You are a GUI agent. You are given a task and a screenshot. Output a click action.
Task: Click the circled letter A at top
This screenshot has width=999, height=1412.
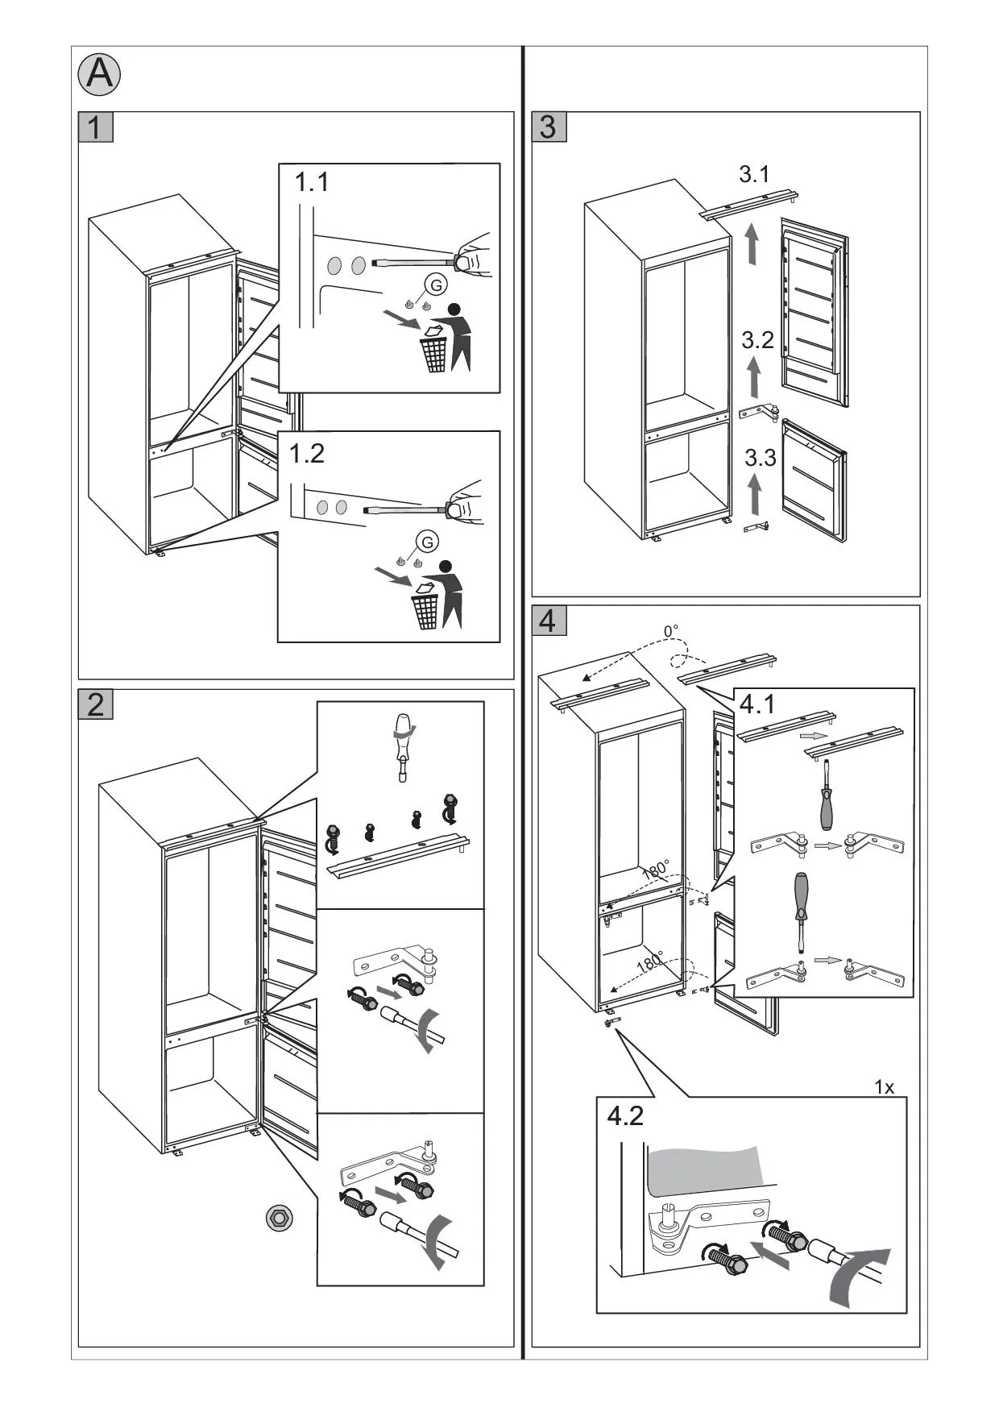coord(99,74)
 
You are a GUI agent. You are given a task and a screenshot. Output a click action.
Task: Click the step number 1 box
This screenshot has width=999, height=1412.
coord(96,127)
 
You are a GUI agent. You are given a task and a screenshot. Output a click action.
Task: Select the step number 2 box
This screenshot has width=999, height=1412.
coord(96,704)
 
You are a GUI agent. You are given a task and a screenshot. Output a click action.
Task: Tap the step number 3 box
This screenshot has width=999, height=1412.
coord(549,127)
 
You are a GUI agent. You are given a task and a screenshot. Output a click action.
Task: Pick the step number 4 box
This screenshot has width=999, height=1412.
coord(549,621)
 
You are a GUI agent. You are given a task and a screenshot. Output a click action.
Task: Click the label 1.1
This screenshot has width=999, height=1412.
coord(312,182)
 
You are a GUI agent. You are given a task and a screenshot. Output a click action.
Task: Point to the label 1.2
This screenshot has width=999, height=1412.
coord(307,454)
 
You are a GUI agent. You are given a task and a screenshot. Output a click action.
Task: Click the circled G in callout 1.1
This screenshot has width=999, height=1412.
coord(436,284)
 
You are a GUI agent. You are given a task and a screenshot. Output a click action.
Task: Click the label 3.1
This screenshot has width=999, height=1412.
coord(754,174)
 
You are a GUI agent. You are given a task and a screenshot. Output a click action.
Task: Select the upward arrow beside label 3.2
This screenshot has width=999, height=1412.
coord(754,377)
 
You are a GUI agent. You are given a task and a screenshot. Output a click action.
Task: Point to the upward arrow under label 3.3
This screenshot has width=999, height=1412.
coord(755,493)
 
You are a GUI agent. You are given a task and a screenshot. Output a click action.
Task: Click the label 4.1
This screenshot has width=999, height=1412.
coord(757,704)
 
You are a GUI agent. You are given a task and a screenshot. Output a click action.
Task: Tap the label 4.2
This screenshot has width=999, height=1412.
coord(625,1116)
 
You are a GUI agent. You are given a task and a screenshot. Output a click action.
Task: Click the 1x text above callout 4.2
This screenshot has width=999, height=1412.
coord(885,1087)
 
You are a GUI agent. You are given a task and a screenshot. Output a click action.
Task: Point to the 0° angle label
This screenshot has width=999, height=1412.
coord(671,630)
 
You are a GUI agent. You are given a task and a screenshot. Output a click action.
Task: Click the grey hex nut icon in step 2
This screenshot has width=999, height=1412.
coord(280,1218)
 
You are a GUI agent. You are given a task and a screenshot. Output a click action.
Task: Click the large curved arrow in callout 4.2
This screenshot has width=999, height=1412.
coord(857,1277)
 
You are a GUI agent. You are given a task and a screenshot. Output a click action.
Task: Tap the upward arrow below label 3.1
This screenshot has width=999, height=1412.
coord(752,244)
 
